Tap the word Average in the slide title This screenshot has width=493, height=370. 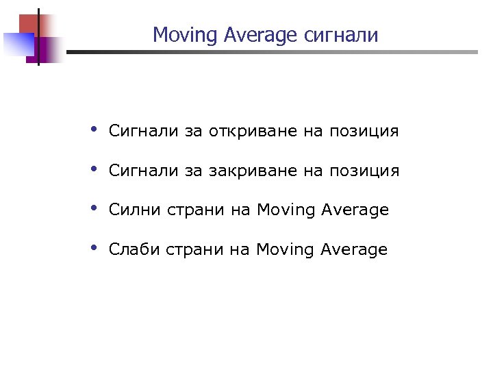tap(248, 35)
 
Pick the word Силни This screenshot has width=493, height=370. tap(134, 210)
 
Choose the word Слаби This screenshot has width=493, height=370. tap(134, 249)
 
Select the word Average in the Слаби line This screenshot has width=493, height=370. tap(353, 249)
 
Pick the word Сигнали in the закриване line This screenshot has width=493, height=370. tap(143, 170)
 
